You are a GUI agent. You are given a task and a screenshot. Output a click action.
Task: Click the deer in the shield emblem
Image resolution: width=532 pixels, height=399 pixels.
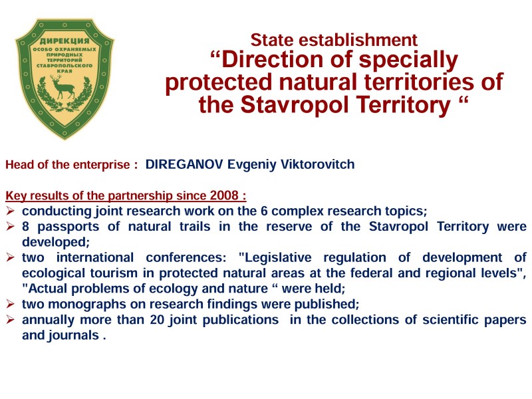63,87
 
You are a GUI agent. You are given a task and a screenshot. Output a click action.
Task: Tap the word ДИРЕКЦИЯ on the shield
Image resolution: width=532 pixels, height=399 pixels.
65,41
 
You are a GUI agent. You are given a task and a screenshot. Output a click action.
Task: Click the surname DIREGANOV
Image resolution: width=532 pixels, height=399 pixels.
184,164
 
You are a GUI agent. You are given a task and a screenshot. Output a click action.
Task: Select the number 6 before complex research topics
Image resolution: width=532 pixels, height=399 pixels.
264,211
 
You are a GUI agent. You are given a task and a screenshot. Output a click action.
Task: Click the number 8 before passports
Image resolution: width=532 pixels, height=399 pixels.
25,226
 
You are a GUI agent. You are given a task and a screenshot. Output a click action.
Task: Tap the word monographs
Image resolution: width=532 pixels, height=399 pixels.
87,304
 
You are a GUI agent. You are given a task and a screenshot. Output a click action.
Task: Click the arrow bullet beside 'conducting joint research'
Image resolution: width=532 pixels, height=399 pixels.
10,211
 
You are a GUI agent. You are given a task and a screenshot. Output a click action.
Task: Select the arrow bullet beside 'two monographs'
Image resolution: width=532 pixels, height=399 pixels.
10,304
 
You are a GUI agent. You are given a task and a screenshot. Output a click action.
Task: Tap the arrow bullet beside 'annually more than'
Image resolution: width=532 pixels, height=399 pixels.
10,320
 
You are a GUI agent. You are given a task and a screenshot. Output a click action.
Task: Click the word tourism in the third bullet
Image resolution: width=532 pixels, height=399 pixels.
114,273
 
